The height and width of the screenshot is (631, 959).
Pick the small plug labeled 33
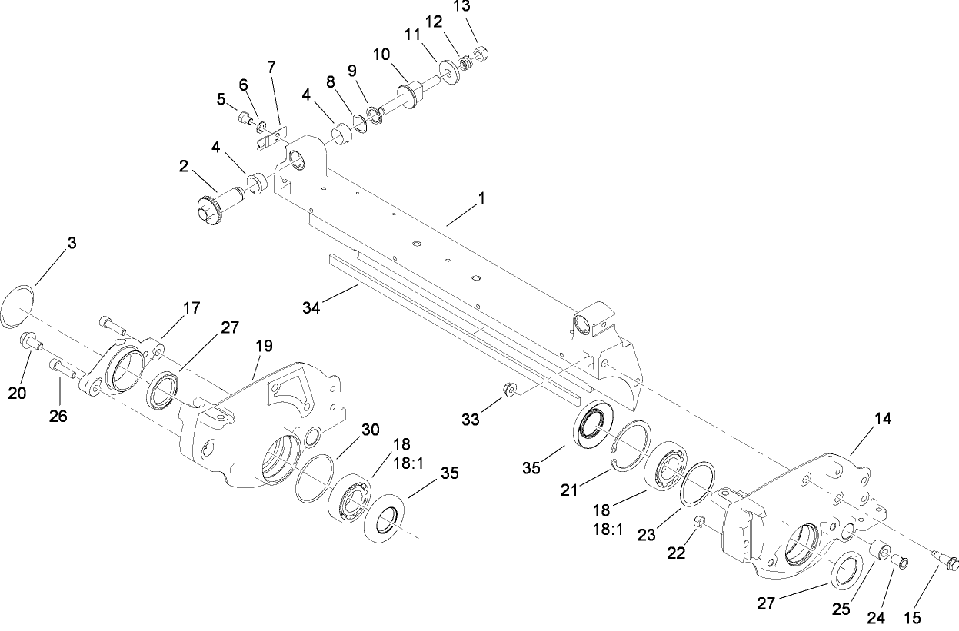pos(508,390)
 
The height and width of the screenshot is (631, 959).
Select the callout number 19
pos(264,346)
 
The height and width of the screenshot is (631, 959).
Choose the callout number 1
pos(481,198)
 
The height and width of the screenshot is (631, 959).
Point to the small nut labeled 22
pos(700,524)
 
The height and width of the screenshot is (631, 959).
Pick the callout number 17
pos(191,307)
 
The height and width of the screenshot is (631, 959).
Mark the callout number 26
pos(58,416)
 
